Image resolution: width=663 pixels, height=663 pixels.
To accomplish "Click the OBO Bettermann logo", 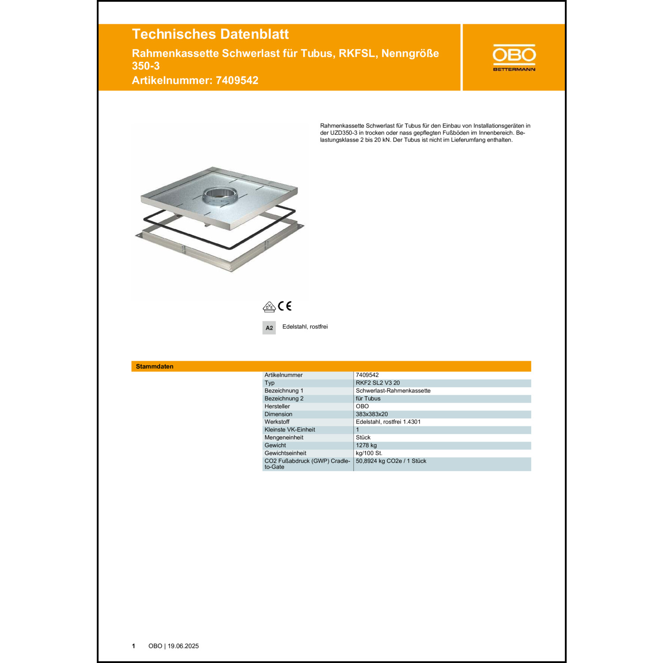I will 514,57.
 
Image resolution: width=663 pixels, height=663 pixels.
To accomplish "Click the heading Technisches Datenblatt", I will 210,34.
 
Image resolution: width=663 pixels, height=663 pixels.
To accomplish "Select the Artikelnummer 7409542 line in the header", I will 195,80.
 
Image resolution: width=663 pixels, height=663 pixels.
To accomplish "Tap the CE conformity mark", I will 285,306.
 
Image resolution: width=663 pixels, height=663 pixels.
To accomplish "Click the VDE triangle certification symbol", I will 269,307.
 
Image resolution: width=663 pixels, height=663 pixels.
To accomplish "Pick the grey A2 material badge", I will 269,328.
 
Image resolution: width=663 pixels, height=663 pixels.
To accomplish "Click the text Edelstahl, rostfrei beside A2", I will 305,327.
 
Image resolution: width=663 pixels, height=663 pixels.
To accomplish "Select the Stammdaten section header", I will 155,366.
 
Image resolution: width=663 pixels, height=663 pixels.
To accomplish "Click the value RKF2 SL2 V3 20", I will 377,383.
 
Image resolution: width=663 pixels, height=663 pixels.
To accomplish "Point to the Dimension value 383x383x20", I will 372,414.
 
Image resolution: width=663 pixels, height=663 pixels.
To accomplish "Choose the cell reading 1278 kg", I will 366,445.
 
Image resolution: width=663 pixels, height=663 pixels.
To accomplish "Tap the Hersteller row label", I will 277,406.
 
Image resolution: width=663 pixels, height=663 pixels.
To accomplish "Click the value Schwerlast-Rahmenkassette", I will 393,391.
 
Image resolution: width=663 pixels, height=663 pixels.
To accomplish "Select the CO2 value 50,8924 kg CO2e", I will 391,461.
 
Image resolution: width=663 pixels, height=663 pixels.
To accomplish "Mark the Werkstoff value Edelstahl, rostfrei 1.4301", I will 388,422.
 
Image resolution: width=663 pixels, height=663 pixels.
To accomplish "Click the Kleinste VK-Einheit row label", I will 290,430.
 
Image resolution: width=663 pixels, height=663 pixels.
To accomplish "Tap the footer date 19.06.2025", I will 183,646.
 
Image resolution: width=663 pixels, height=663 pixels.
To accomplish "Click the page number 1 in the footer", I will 133,646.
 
